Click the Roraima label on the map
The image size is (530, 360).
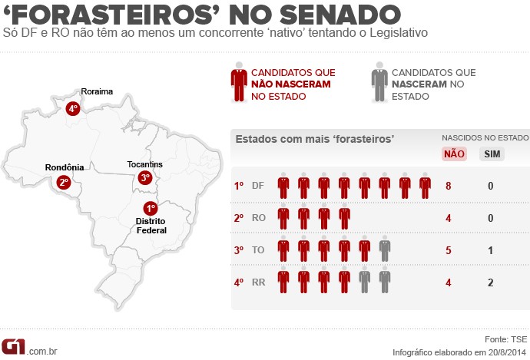(97, 91)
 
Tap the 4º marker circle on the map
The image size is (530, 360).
(74, 108)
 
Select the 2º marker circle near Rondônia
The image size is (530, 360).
(63, 182)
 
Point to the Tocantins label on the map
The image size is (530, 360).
(145, 164)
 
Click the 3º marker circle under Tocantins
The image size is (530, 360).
(145, 178)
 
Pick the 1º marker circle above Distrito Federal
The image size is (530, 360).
(150, 208)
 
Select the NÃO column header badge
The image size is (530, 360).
(454, 154)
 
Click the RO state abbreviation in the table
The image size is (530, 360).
(259, 218)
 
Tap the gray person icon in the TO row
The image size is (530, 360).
(384, 250)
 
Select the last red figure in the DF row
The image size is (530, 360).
(425, 187)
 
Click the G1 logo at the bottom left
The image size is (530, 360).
(13, 347)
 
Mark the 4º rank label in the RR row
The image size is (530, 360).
(239, 282)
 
